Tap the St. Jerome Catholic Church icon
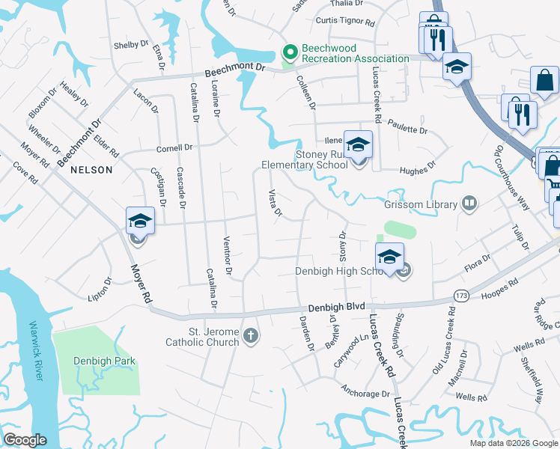click(x=251, y=336)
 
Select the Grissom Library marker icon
click(x=469, y=204)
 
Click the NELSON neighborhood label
click(x=91, y=170)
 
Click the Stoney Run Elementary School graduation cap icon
click(x=358, y=144)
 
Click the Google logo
click(x=25, y=440)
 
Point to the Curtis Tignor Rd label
click(x=344, y=22)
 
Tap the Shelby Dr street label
click(x=131, y=45)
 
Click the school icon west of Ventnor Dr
click(x=140, y=220)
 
